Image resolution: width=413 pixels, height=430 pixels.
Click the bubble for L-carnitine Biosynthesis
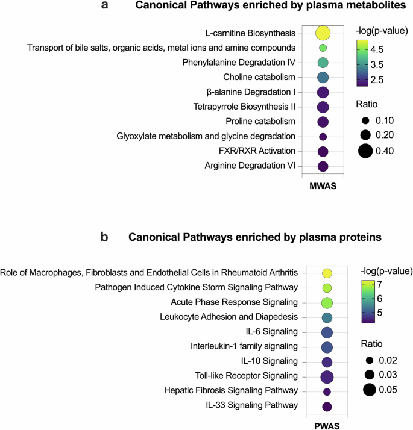click(323, 33)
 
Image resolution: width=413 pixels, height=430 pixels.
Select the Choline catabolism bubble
click(323, 77)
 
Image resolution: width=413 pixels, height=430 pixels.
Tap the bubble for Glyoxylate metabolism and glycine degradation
click(323, 137)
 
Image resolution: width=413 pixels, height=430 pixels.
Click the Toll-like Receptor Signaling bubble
click(327, 377)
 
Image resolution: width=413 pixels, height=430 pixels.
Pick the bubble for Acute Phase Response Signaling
click(327, 302)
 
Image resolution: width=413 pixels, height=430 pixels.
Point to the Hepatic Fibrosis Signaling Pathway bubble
click(327, 392)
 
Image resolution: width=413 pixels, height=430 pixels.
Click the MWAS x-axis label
click(322, 187)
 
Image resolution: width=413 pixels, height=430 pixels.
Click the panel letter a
click(105, 6)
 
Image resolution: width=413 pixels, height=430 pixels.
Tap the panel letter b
click(104, 237)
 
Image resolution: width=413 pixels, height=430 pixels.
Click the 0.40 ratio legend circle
click(364, 151)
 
